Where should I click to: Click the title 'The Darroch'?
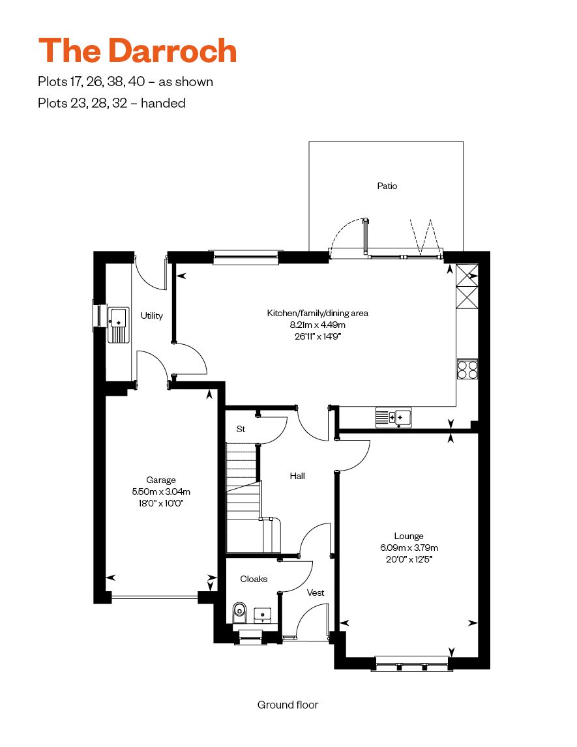(137, 50)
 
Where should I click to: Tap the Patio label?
(387, 186)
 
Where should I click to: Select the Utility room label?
(151, 315)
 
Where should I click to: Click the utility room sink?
(119, 325)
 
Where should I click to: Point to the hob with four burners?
(467, 369)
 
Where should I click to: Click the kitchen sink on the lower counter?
(393, 417)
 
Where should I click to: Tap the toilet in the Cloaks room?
(239, 612)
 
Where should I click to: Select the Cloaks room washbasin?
(263, 615)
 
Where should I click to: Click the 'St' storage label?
(241, 430)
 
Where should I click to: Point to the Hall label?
(297, 476)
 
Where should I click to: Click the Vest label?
(316, 593)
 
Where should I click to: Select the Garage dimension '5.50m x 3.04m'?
(161, 491)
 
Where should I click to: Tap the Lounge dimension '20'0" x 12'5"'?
(409, 559)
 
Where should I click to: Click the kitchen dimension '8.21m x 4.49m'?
(318, 325)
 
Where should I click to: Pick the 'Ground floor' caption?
(288, 705)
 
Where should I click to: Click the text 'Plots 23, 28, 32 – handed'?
(111, 103)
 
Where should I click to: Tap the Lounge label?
(409, 536)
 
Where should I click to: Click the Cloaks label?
(254, 579)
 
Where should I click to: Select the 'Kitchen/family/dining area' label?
(318, 313)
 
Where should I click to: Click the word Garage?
(161, 480)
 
